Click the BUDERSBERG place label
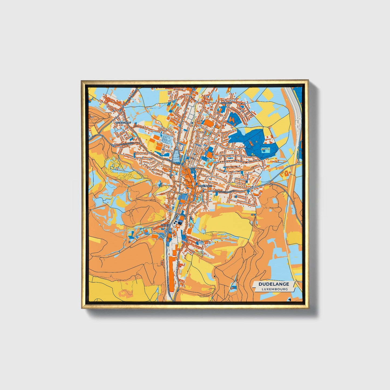(123, 123)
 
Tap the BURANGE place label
(226, 103)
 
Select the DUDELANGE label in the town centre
(205, 186)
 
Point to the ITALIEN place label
(165, 225)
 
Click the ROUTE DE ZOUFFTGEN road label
(225, 191)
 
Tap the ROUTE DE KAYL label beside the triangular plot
(173, 161)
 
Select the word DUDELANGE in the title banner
(274, 284)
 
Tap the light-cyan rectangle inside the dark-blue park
(266, 151)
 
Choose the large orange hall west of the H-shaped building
(209, 123)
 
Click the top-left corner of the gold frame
(82, 81)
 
